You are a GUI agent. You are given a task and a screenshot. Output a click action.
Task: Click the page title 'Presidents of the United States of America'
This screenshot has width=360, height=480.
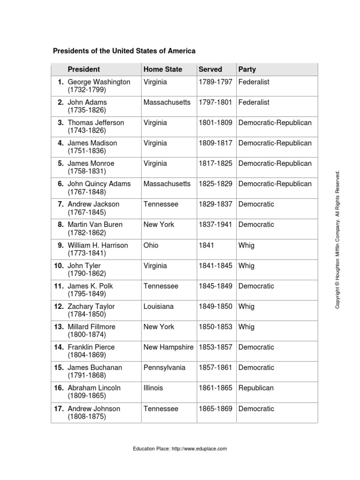click(x=124, y=51)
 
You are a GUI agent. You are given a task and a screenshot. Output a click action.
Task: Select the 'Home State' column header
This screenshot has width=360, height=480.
click(x=163, y=69)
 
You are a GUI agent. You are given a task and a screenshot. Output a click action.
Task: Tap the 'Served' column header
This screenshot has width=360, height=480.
click(x=210, y=69)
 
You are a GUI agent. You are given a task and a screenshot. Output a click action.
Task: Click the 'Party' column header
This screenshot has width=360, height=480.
click(x=247, y=69)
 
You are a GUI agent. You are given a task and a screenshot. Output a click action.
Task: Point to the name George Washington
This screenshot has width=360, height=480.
click(x=99, y=82)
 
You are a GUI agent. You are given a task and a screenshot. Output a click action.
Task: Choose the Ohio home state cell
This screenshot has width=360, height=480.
click(x=152, y=245)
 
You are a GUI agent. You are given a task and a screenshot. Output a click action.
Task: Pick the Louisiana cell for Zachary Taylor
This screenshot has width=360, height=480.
click(x=158, y=307)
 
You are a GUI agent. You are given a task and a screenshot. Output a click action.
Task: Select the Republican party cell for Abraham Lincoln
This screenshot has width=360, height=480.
click(x=256, y=388)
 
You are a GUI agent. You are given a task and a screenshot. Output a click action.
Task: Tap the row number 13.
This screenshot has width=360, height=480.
click(x=59, y=327)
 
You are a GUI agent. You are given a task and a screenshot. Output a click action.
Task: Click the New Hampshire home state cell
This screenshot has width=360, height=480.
click(x=168, y=347)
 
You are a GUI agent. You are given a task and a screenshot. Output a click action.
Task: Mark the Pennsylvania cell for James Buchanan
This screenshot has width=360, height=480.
click(x=164, y=368)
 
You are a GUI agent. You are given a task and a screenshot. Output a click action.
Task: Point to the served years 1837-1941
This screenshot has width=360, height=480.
click(x=216, y=225)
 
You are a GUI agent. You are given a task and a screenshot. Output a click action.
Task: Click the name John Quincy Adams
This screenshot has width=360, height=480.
click(x=99, y=184)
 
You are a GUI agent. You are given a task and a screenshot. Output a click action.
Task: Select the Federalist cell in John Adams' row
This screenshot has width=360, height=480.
click(x=254, y=103)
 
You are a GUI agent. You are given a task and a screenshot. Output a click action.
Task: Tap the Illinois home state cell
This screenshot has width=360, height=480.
click(x=153, y=388)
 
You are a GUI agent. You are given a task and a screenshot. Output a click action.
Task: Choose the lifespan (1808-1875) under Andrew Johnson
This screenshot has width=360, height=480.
click(x=87, y=416)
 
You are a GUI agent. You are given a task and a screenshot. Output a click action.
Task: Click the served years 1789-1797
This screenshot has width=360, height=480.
click(x=216, y=82)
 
